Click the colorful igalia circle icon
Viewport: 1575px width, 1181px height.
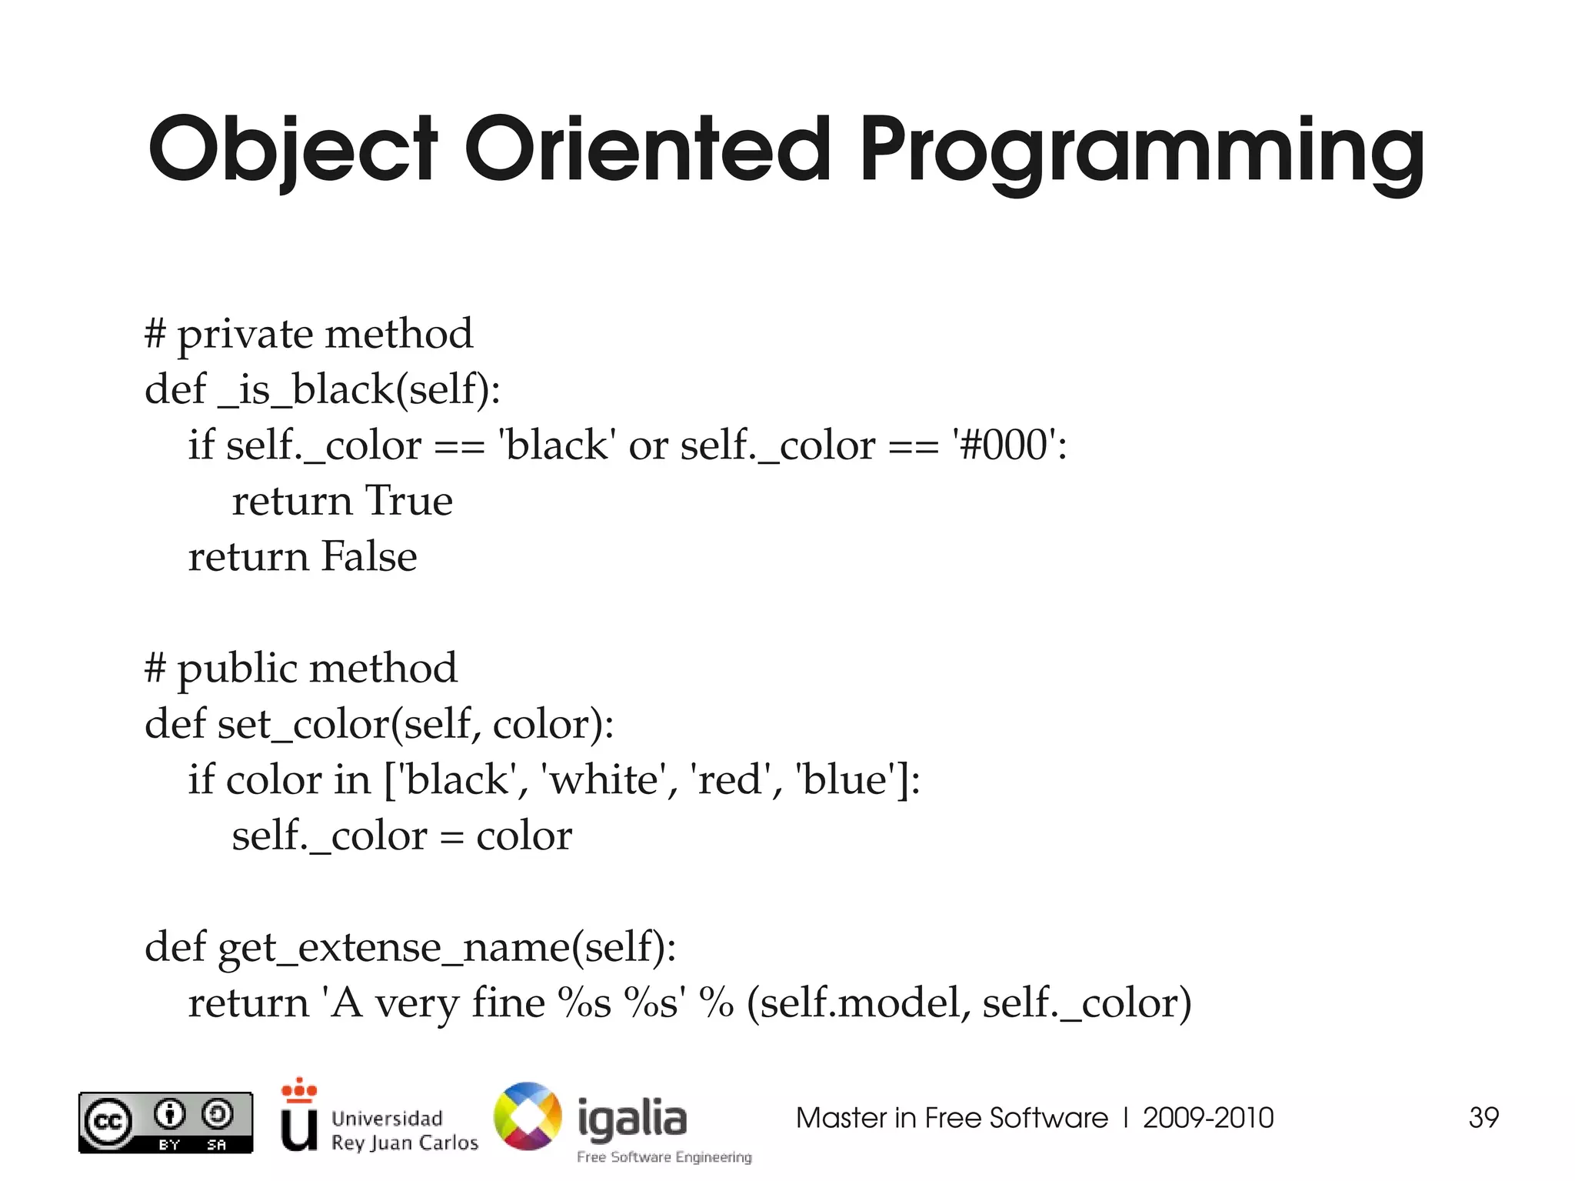coord(528,1116)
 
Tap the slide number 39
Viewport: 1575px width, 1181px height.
coord(1483,1118)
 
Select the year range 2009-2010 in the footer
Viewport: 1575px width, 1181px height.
coord(1207,1118)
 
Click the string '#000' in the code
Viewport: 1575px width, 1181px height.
coord(1004,445)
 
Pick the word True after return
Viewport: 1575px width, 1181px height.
coord(408,501)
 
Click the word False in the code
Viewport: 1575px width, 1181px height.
coord(368,557)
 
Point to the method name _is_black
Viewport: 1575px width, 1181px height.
coord(307,389)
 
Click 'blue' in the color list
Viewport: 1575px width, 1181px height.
coord(847,780)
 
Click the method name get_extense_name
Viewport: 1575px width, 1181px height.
coord(395,947)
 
